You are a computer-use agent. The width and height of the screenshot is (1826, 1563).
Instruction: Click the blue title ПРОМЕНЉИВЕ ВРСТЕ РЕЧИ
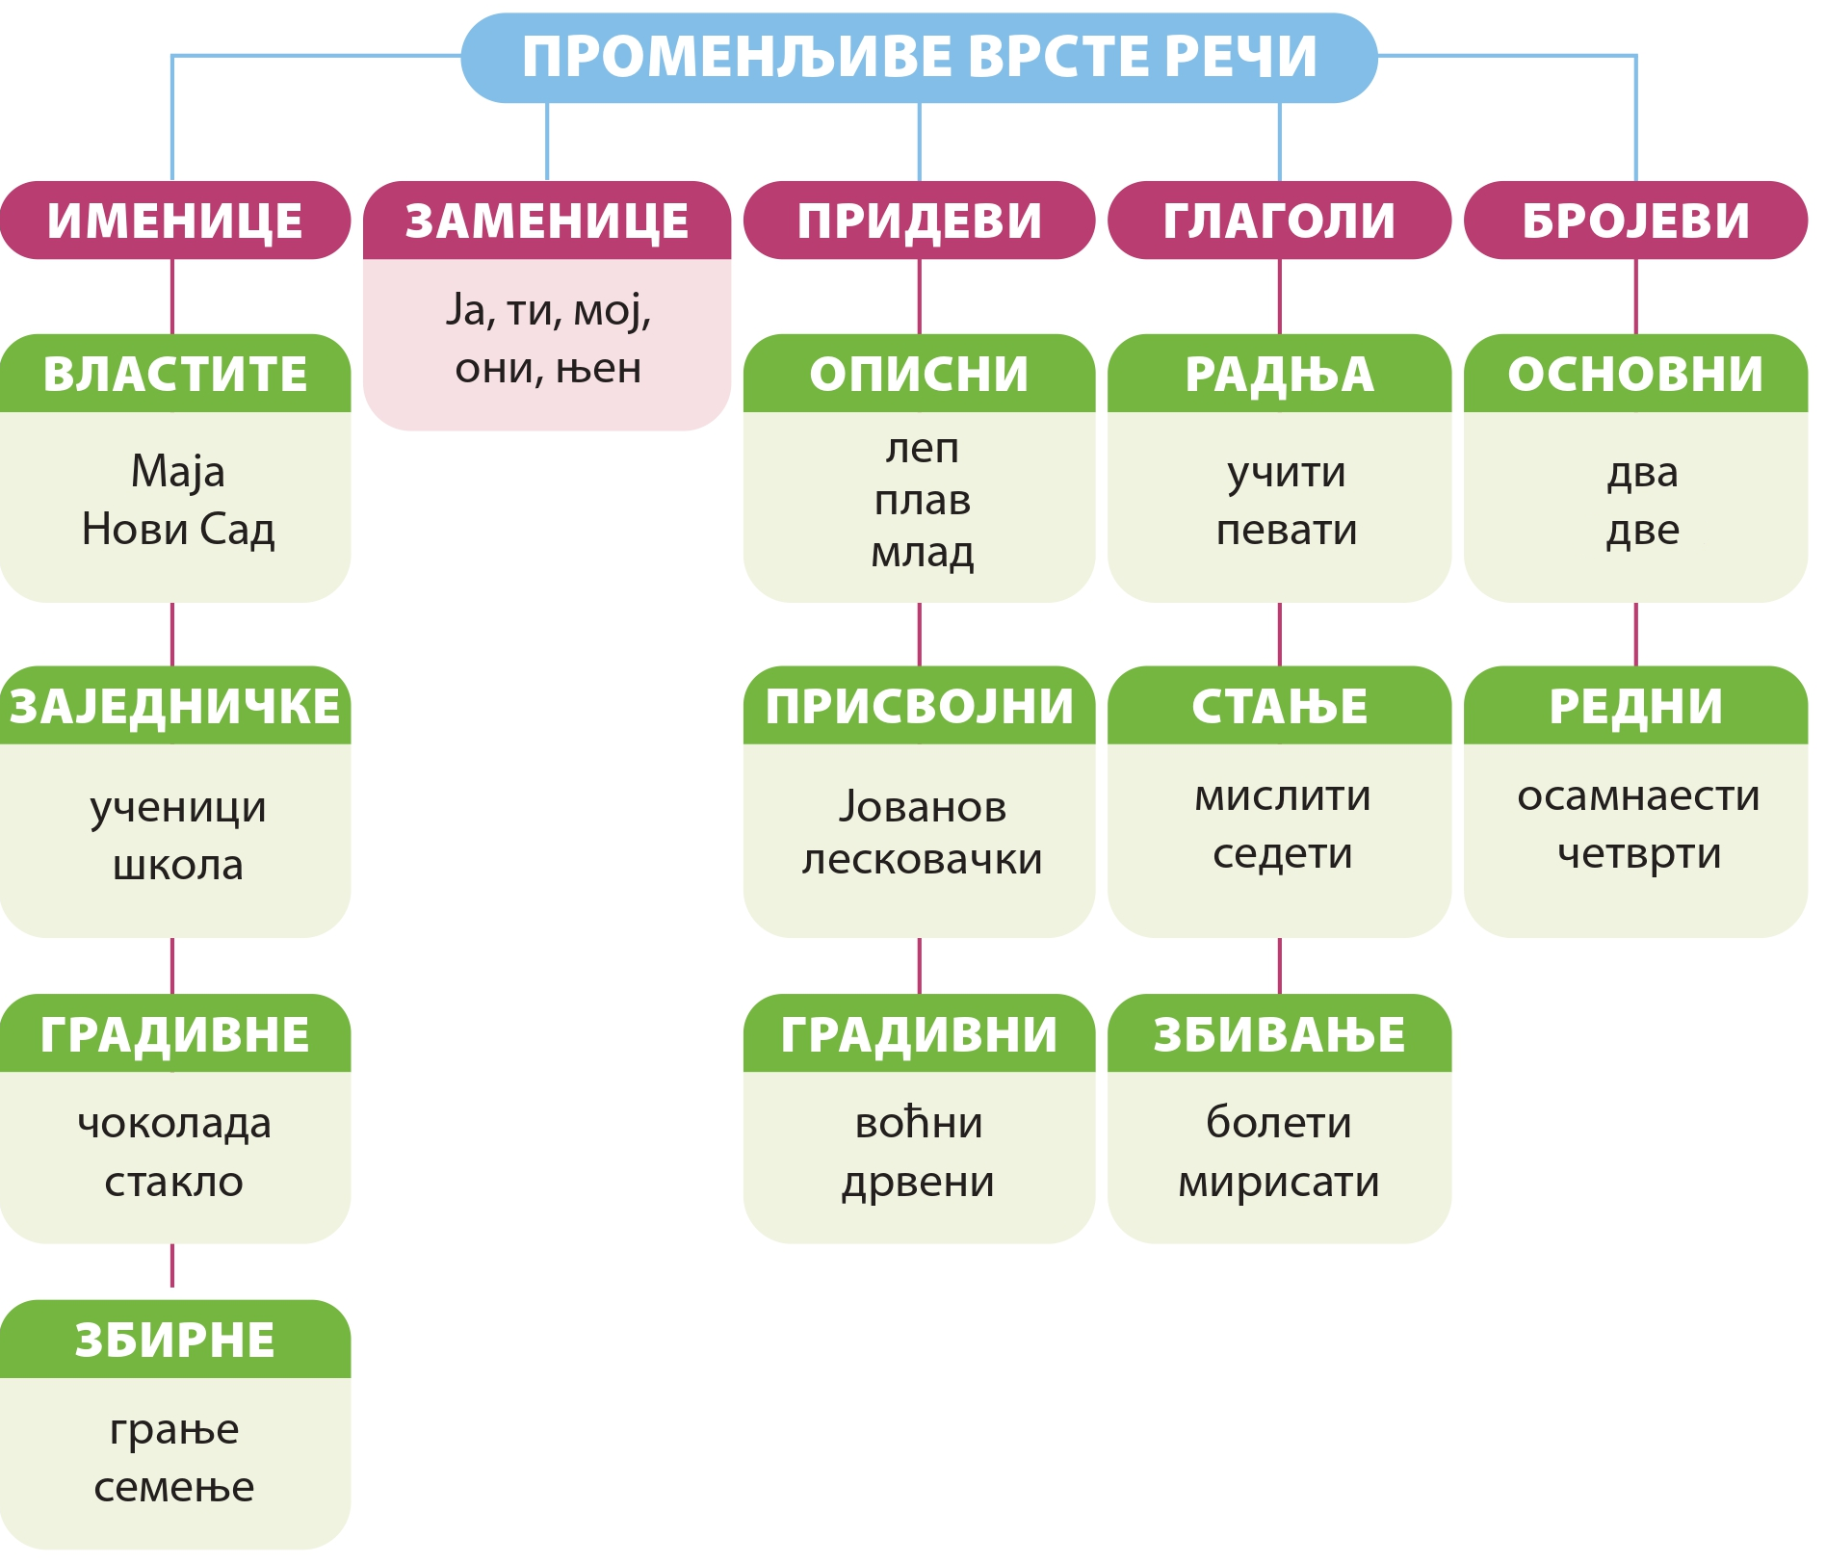pos(919,57)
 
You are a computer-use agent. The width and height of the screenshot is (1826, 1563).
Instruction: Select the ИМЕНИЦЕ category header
pos(174,221)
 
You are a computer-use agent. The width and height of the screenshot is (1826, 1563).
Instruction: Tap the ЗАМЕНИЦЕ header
pos(547,221)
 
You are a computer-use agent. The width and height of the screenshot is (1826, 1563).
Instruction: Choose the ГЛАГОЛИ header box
pos(1279,221)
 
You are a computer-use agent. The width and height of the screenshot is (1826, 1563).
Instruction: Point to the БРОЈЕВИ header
pos(1635,221)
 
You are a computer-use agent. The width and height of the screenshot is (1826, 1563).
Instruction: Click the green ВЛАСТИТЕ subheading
pos(174,374)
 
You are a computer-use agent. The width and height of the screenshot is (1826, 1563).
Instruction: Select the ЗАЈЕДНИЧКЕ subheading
pos(174,706)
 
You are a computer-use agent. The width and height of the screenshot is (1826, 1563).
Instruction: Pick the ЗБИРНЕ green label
pos(174,1340)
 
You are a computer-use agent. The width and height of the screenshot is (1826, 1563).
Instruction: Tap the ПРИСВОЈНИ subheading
pos(919,706)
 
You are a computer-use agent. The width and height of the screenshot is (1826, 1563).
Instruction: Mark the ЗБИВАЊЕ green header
pos(1279,1033)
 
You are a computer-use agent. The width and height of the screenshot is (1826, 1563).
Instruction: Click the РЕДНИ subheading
pos(1635,706)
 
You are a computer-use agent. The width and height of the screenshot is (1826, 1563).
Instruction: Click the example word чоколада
pos(174,1124)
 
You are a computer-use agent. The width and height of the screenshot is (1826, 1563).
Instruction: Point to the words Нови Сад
pos(178,530)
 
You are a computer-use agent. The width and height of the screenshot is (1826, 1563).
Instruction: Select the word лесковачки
pos(922,859)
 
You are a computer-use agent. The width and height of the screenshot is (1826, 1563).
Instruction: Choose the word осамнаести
pos(1638,796)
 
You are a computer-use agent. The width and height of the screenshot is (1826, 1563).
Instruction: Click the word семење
pos(174,1488)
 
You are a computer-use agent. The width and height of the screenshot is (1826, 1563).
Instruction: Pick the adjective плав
pos(922,501)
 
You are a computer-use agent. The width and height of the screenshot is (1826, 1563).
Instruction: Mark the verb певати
pos(1286,531)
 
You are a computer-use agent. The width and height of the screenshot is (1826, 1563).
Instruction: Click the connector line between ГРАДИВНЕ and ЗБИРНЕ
pos(172,1265)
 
